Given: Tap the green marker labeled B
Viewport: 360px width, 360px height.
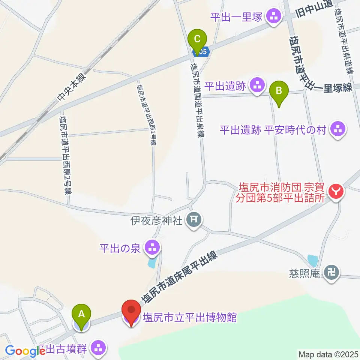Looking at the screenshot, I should pos(279,91).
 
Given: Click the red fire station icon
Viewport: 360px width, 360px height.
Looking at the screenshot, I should pos(336,192).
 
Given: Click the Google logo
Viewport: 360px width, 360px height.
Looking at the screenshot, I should pos(25,351).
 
